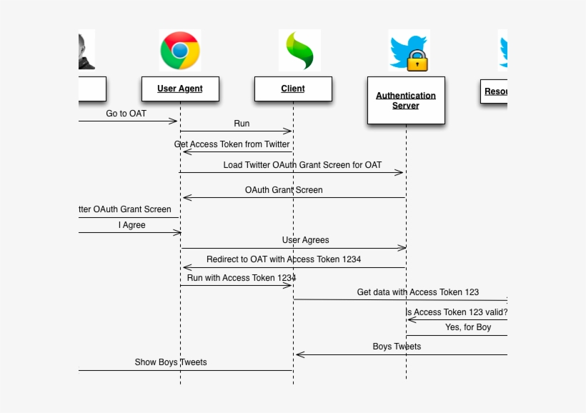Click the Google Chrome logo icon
[x=179, y=51]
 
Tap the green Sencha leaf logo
[x=299, y=51]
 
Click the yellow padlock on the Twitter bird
[x=417, y=61]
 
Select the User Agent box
[x=180, y=89]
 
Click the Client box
[x=293, y=89]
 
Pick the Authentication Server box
[x=406, y=100]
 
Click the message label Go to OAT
[x=126, y=113]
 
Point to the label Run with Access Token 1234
[x=242, y=277]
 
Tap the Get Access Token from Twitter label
[x=232, y=144]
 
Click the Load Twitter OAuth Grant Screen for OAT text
[x=302, y=164]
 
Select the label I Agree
[x=131, y=224]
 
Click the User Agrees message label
[x=305, y=240]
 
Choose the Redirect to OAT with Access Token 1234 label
[x=284, y=259]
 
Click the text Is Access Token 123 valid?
[x=457, y=312]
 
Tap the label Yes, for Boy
[x=468, y=327]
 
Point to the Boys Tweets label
[x=397, y=346]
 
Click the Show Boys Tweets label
[x=171, y=362]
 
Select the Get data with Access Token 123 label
[x=418, y=292]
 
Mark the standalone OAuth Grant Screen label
[x=284, y=190]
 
